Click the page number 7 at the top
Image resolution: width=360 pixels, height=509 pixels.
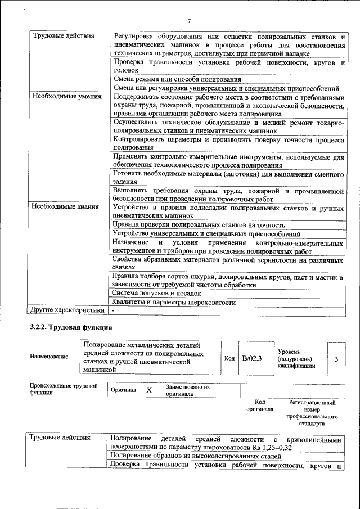coord(190,21)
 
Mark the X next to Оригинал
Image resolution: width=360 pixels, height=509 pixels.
coord(149,390)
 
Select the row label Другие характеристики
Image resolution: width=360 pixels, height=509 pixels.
coord(67,309)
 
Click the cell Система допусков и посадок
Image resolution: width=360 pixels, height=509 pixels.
coord(156,293)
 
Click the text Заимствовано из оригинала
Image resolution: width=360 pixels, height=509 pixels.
coord(187,390)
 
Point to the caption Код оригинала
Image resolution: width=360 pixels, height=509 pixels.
coord(259,406)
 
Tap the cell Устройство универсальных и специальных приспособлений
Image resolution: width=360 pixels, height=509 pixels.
coord(206,233)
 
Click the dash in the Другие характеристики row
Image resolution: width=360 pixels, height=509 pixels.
coord(113,310)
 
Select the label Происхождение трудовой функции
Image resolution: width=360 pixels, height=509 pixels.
coord(64,390)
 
